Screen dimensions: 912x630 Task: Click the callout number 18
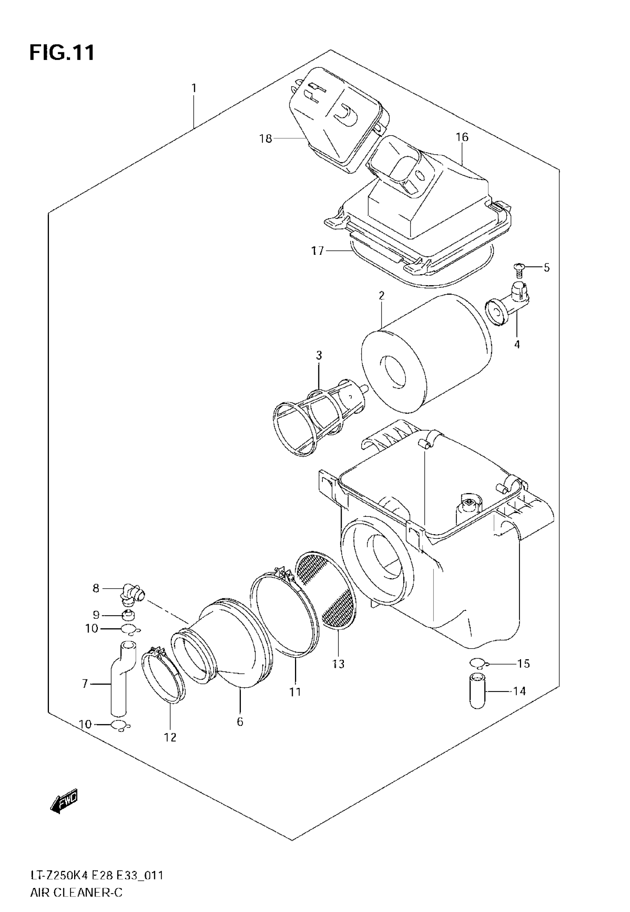coord(266,139)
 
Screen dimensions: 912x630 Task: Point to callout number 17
coord(317,250)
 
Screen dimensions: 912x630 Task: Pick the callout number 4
coord(517,344)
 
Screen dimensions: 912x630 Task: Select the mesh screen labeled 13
coord(326,590)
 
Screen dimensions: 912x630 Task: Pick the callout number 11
coord(295,692)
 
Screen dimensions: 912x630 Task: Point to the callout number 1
coord(194,87)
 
